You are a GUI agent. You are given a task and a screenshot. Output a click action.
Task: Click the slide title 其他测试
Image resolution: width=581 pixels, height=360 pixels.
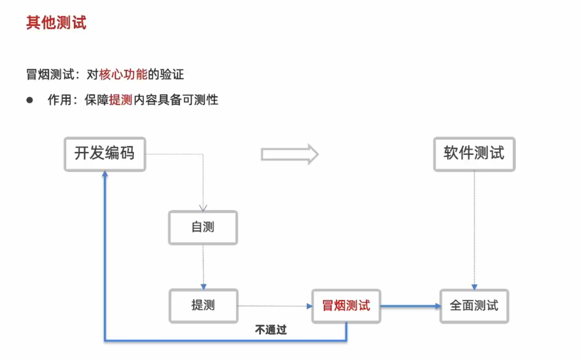click(56, 23)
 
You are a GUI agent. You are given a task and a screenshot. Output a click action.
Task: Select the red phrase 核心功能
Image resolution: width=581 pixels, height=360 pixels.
click(123, 74)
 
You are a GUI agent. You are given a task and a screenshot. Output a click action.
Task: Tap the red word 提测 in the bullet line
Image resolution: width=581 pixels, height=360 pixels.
click(120, 101)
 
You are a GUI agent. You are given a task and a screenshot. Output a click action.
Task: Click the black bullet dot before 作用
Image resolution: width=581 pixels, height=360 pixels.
click(30, 100)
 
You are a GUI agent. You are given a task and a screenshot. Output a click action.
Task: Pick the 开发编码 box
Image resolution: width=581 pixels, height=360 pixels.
click(104, 154)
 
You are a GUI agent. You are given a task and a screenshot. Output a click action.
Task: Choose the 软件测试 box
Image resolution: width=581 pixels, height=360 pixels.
click(474, 154)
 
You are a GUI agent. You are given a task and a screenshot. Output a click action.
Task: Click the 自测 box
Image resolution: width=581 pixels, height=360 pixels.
click(203, 228)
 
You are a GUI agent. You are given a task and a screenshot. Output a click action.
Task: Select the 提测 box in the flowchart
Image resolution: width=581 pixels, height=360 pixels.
click(203, 306)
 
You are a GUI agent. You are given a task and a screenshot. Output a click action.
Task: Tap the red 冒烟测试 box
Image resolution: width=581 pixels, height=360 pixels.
click(346, 306)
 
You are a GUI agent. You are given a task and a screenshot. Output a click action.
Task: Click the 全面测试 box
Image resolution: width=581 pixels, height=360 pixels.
click(474, 306)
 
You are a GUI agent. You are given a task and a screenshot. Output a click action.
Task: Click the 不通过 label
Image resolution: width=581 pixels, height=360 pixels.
click(271, 330)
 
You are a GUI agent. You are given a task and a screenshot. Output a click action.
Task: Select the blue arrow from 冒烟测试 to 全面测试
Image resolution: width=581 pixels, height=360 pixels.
click(410, 306)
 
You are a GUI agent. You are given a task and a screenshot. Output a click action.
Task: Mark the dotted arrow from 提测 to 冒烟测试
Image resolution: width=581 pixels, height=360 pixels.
click(275, 306)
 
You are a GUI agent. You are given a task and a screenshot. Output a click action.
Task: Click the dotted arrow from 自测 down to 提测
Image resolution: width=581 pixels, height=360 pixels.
click(203, 267)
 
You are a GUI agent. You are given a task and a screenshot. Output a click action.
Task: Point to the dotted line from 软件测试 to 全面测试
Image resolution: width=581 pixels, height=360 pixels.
click(474, 227)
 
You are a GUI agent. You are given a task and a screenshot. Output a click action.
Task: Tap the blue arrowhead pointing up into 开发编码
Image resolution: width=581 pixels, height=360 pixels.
click(105, 175)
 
